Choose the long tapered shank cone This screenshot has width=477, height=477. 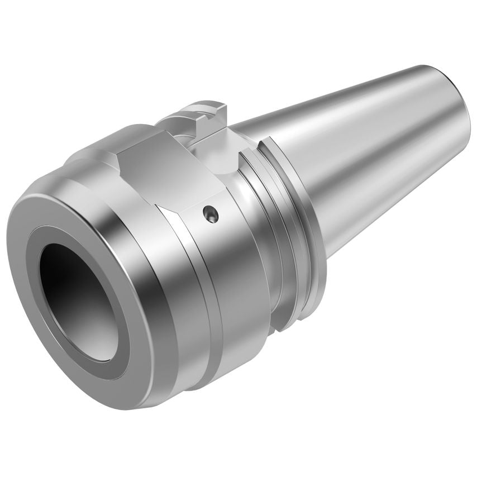coord(357,145)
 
